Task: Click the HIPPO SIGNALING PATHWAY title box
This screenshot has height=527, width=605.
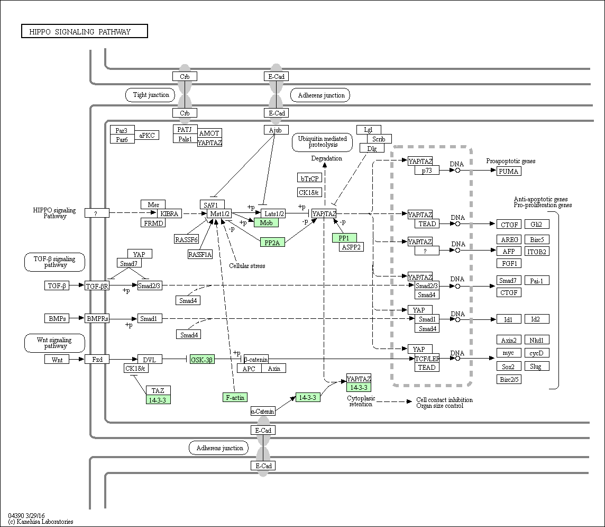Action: [x=85, y=31]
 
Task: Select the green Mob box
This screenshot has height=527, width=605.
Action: [x=266, y=222]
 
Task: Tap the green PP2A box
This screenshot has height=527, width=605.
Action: [x=272, y=243]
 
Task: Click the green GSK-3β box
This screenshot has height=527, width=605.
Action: [x=202, y=360]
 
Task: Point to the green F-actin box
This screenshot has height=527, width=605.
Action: [x=235, y=398]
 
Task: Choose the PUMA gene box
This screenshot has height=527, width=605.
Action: [x=509, y=171]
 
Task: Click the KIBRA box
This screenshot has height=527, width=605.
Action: [x=169, y=213]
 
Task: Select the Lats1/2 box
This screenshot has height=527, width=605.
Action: [x=273, y=213]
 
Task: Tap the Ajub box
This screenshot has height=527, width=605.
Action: [x=276, y=130]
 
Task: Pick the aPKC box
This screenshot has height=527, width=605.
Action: [x=146, y=135]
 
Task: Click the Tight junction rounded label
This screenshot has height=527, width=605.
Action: [x=151, y=95]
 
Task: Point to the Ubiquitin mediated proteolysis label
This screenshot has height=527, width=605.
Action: [x=323, y=142]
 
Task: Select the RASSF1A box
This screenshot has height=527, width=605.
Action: [x=200, y=254]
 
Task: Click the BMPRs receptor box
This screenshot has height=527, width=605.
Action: [x=97, y=319]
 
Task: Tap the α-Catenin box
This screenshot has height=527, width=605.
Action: [x=263, y=412]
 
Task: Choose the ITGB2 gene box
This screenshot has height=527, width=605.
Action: [x=537, y=252]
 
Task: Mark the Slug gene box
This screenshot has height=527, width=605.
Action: [x=536, y=367]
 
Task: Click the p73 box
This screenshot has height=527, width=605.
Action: [x=427, y=171]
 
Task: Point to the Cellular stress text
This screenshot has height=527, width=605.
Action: [x=247, y=266]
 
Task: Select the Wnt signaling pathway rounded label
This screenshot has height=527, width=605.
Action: [x=54, y=343]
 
